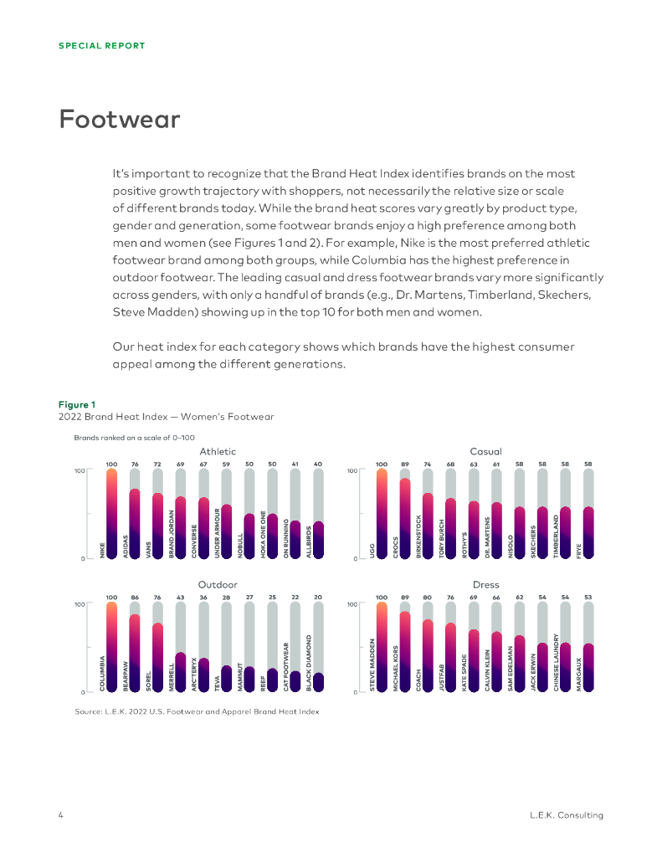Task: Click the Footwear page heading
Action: (x=119, y=120)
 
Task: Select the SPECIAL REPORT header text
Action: (x=101, y=46)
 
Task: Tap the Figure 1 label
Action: (x=76, y=405)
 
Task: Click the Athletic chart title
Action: (x=218, y=452)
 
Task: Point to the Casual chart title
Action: (x=485, y=452)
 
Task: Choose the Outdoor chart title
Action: (x=218, y=584)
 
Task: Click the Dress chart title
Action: (x=485, y=584)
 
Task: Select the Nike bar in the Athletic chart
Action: (x=111, y=515)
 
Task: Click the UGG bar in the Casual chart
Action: (x=382, y=515)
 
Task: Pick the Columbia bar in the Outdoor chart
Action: (x=111, y=647)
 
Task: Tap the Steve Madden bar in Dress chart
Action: (x=382, y=647)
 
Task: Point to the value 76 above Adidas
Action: (x=134, y=464)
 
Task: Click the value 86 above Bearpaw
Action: (x=134, y=597)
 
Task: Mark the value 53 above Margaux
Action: (x=588, y=597)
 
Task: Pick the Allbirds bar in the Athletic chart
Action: (x=317, y=540)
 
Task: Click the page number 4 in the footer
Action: (x=61, y=815)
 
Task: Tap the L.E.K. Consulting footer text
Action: (x=567, y=815)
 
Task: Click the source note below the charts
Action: (x=197, y=712)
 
